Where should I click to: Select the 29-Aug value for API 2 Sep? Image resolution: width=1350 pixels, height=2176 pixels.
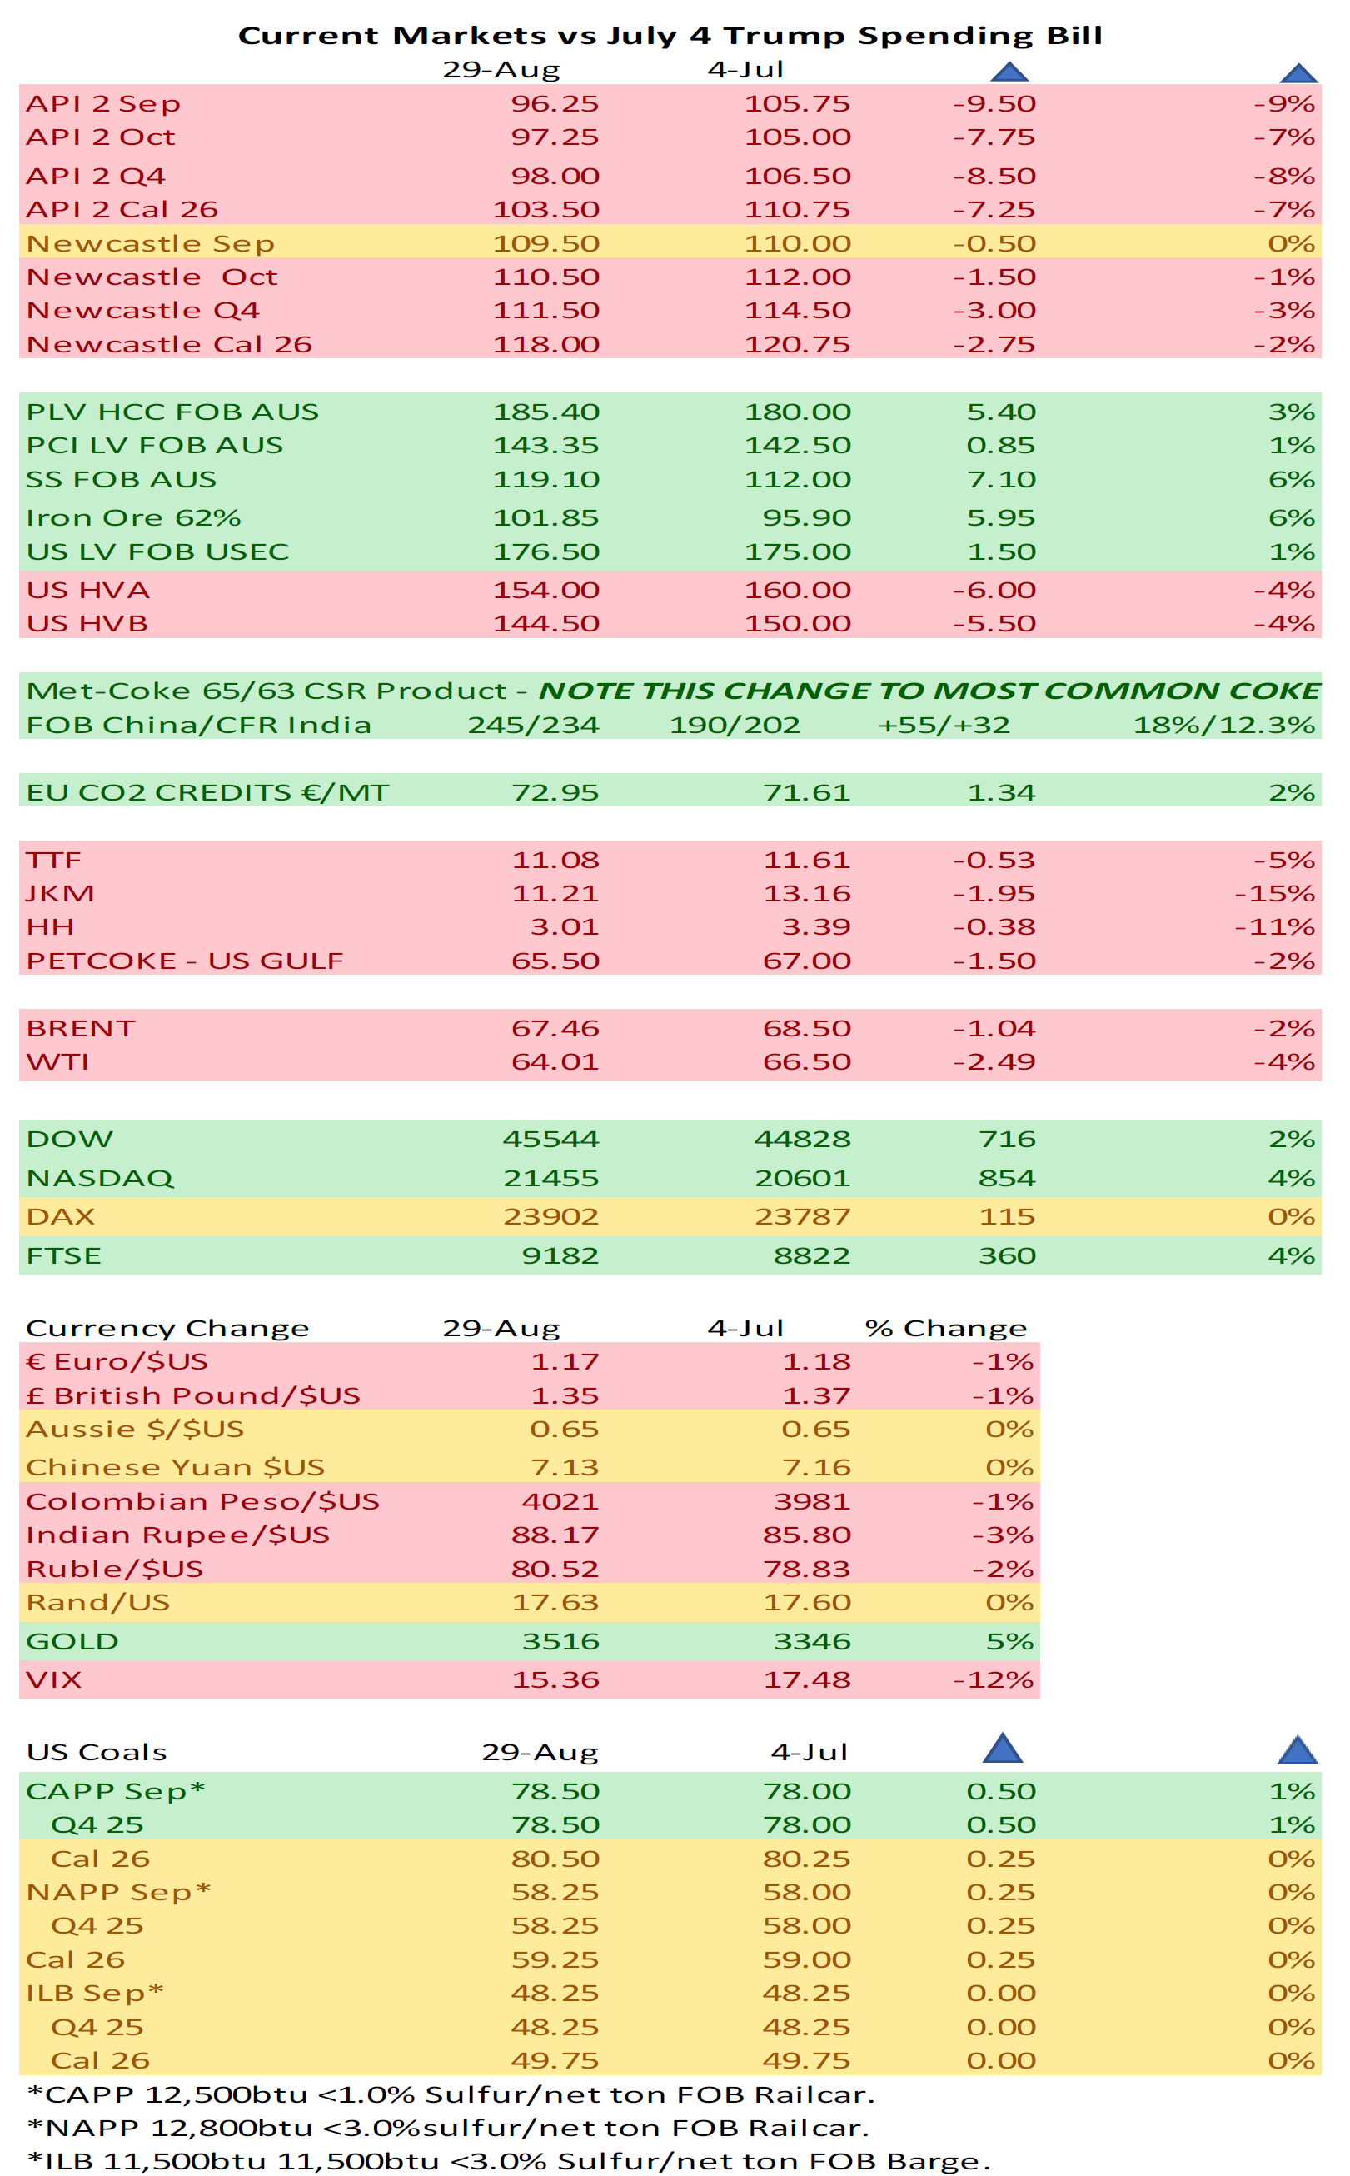click(x=554, y=103)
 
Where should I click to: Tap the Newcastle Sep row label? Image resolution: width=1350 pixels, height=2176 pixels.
click(x=150, y=243)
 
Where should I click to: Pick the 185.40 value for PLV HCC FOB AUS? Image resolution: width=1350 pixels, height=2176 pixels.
click(x=545, y=412)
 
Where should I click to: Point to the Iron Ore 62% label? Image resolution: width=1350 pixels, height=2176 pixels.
click(x=133, y=517)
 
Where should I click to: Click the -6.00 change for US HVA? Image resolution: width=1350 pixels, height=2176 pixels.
click(x=994, y=589)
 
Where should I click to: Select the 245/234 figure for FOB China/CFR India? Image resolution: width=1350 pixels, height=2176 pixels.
click(x=533, y=724)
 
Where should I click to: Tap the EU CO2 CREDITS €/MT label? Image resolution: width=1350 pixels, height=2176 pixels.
click(x=207, y=792)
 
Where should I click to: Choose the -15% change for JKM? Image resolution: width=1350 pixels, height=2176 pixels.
click(x=1274, y=893)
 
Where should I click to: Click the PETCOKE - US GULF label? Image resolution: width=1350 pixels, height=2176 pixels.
click(x=185, y=960)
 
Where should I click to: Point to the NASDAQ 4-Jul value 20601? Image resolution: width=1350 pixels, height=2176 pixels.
click(x=802, y=1178)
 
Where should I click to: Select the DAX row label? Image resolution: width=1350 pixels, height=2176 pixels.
click(x=61, y=1216)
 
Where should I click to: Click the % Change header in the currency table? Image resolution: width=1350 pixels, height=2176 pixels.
click(x=945, y=1328)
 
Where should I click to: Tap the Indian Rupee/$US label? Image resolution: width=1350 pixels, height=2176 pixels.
click(x=177, y=1534)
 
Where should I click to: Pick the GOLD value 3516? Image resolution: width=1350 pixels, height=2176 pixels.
click(x=560, y=1641)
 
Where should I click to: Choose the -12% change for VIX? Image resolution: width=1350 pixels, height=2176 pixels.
click(x=992, y=1679)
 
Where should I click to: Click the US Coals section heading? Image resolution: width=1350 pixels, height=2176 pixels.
click(x=97, y=1752)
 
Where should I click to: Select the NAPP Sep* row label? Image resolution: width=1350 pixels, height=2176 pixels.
click(x=118, y=1892)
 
